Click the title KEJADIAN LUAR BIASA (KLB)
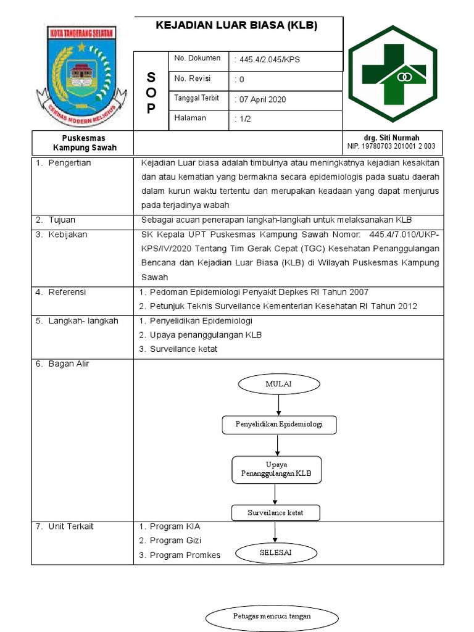[x=236, y=26]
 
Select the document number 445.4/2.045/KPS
[x=268, y=59]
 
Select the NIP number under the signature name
[x=391, y=147]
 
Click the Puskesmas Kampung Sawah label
[x=84, y=143]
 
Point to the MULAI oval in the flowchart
[x=278, y=384]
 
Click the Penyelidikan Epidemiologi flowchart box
[x=278, y=425]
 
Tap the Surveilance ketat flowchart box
[x=275, y=513]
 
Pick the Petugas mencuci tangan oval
[x=272, y=616]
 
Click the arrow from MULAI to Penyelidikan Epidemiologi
[x=279, y=405]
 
